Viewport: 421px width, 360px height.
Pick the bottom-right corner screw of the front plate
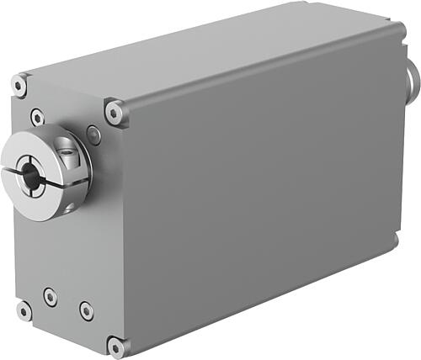(x=115, y=346)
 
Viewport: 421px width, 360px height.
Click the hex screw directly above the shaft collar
(x=37, y=117)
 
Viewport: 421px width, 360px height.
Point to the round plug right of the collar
(x=93, y=135)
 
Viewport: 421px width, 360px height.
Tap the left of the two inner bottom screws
(x=51, y=296)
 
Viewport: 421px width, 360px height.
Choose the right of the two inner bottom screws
(x=86, y=310)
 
